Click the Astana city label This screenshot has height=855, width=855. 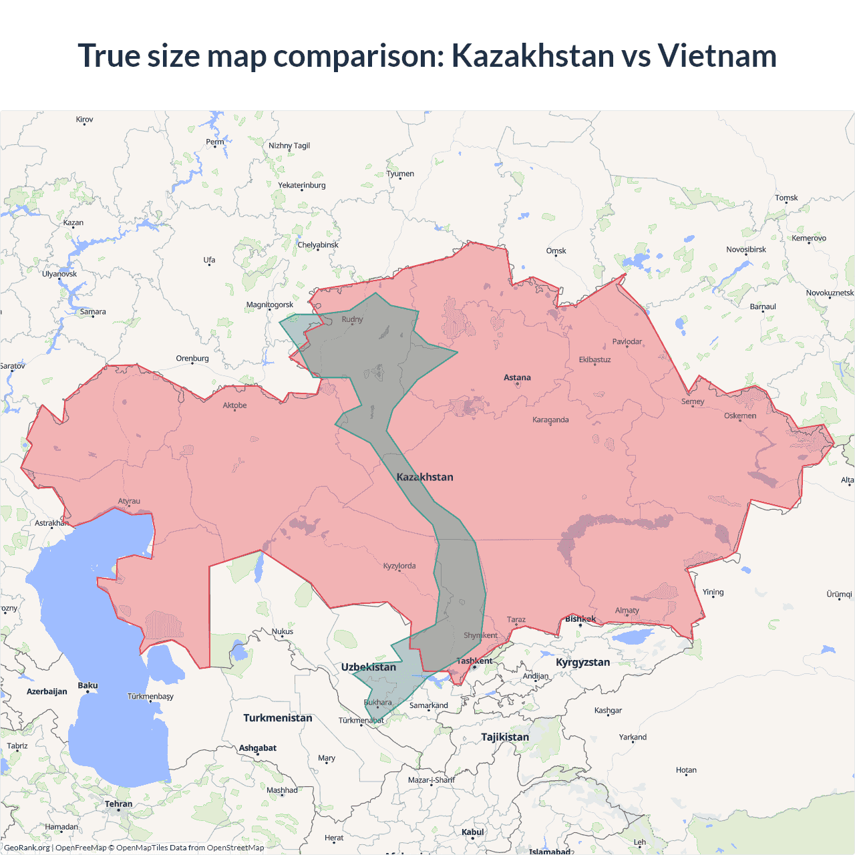click(517, 377)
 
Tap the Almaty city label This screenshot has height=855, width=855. click(627, 610)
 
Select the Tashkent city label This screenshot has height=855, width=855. click(474, 661)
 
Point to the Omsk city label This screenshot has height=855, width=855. click(556, 250)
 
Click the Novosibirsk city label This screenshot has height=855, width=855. click(746, 249)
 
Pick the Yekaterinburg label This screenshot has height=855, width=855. click(302, 185)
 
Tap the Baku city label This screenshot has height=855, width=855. click(88, 685)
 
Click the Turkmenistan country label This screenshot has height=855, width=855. click(277, 718)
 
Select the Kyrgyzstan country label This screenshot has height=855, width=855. click(582, 662)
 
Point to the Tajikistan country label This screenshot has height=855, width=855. click(505, 737)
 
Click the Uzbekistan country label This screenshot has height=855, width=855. click(368, 667)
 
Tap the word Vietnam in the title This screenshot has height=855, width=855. click(717, 55)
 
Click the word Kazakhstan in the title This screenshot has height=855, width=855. click(532, 55)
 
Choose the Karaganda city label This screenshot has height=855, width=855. click(550, 419)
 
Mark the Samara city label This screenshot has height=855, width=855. click(93, 311)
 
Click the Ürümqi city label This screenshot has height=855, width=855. click(839, 594)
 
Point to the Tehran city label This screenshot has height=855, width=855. click(118, 804)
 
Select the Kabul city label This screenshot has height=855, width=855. click(472, 832)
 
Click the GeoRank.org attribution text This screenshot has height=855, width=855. click(27, 848)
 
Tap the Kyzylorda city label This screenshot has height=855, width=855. click(399, 566)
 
